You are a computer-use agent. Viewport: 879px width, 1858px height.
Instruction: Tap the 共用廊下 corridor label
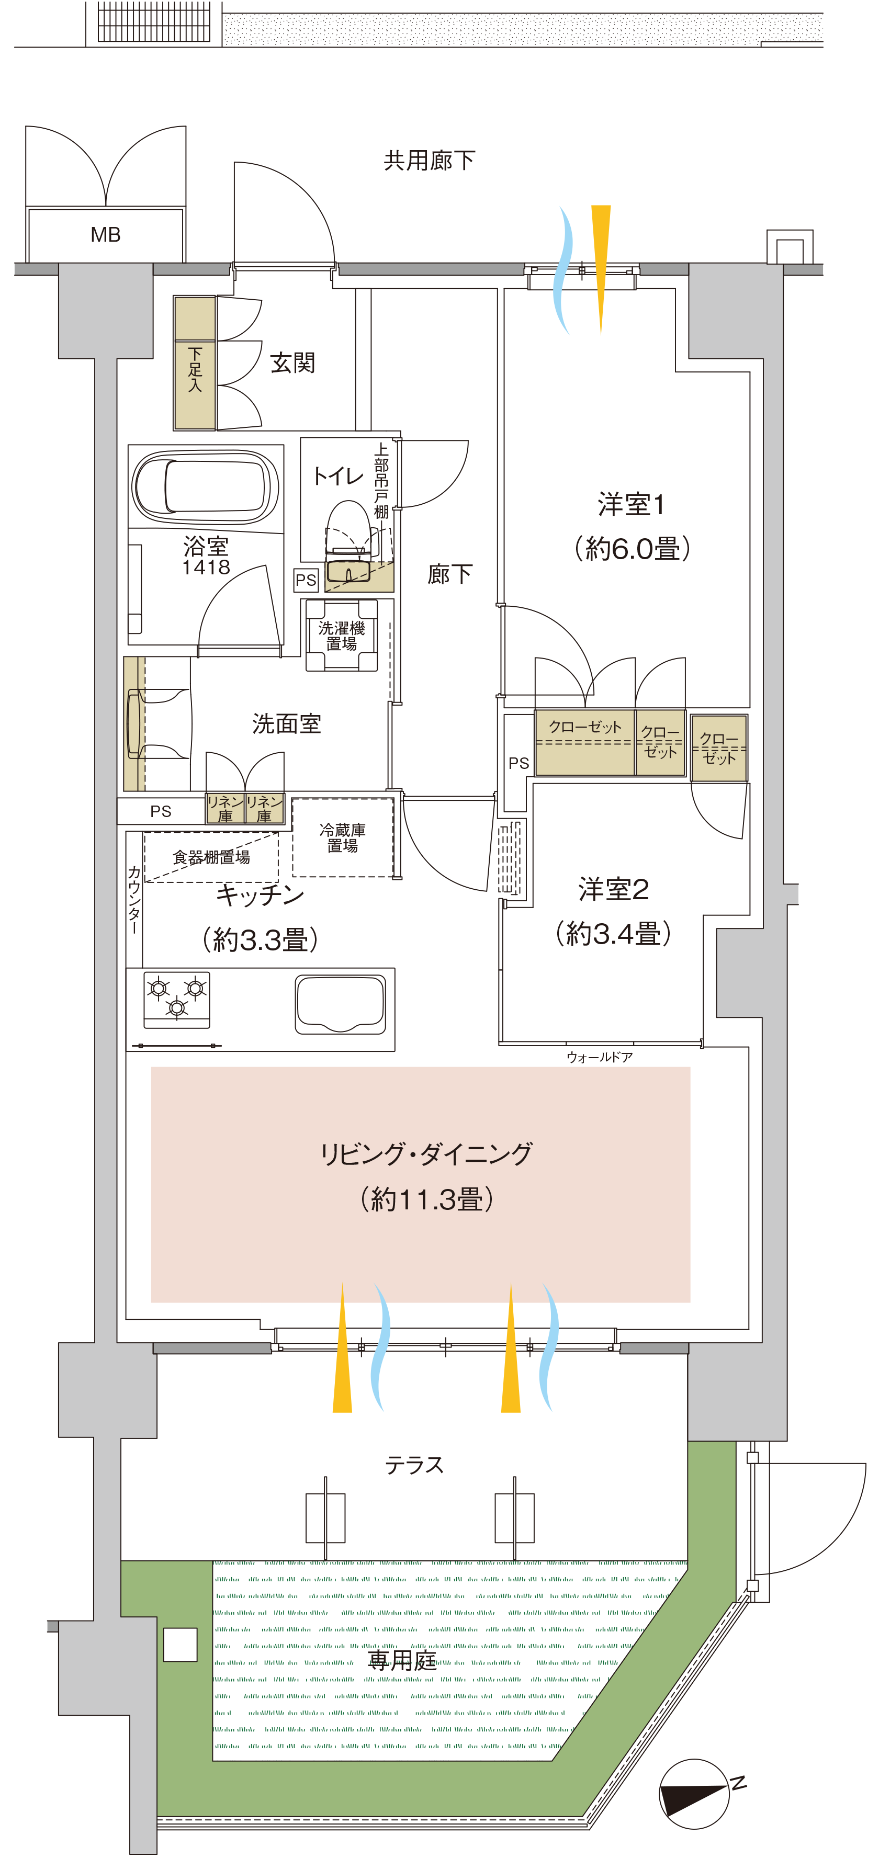(x=430, y=160)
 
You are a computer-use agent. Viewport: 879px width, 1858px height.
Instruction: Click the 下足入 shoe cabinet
(x=195, y=363)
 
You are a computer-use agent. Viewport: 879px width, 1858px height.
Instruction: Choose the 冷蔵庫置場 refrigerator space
(x=343, y=837)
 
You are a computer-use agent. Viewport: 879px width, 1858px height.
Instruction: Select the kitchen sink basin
(x=341, y=1004)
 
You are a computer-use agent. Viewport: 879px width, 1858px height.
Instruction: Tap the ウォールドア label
(x=600, y=1057)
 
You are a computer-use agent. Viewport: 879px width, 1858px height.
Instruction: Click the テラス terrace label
(x=414, y=1465)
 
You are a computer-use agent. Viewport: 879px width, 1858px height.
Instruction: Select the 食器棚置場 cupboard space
(x=211, y=857)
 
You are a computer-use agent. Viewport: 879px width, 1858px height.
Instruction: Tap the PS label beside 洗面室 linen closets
(x=161, y=811)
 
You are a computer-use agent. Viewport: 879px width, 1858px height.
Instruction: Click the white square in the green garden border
(x=181, y=1645)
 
